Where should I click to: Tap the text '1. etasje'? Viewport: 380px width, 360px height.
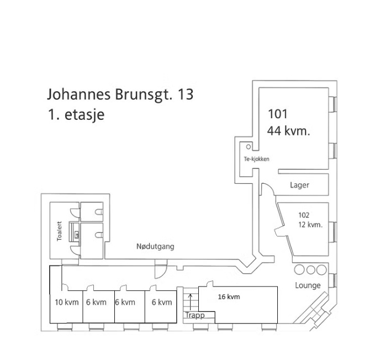tap(76, 115)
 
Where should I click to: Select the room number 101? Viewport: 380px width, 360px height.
tap(278, 114)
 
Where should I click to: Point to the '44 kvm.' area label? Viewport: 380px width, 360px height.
tap(288, 131)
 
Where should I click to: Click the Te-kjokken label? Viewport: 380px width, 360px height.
tap(256, 159)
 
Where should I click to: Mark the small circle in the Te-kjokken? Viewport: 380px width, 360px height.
tap(249, 147)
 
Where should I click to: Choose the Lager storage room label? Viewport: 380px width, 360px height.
tap(299, 185)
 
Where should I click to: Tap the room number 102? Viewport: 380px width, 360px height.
tap(304, 215)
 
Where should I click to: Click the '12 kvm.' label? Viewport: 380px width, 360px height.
tap(310, 225)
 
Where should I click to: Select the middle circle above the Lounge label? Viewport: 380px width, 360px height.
tap(310, 270)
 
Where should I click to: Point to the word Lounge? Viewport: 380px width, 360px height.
tap(308, 285)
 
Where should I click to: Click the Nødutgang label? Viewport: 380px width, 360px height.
tap(155, 246)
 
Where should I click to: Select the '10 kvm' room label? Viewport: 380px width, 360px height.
tap(66, 302)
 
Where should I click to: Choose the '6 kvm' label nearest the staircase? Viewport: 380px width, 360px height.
tap(162, 302)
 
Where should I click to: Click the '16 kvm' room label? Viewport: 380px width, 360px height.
tap(229, 297)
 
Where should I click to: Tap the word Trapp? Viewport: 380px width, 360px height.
tap(194, 315)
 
